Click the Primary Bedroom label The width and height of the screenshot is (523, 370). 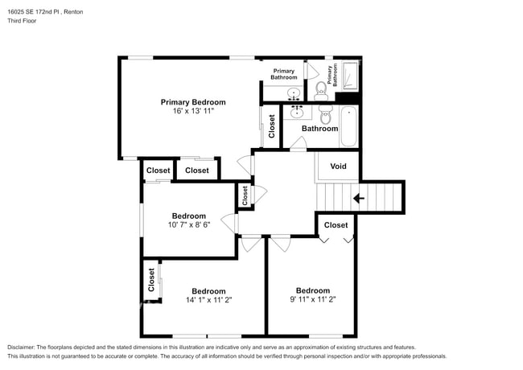click(x=192, y=102)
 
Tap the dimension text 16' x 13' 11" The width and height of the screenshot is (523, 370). click(x=192, y=111)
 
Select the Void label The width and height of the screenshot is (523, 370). click(x=338, y=167)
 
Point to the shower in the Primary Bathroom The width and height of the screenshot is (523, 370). click(x=350, y=77)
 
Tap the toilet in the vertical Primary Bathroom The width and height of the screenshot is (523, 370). click(x=319, y=88)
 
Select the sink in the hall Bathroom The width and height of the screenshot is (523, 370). click(x=296, y=111)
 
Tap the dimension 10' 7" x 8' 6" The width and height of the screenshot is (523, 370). click(x=188, y=225)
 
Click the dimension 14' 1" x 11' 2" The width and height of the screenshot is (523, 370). click(x=208, y=300)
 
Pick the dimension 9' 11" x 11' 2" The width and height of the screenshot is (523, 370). click(x=312, y=299)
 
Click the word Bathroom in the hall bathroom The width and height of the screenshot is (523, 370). click(x=319, y=129)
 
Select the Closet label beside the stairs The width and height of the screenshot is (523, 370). click(x=336, y=225)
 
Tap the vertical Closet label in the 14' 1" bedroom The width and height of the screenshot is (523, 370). click(x=151, y=280)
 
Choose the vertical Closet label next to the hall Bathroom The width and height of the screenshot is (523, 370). click(x=272, y=126)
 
